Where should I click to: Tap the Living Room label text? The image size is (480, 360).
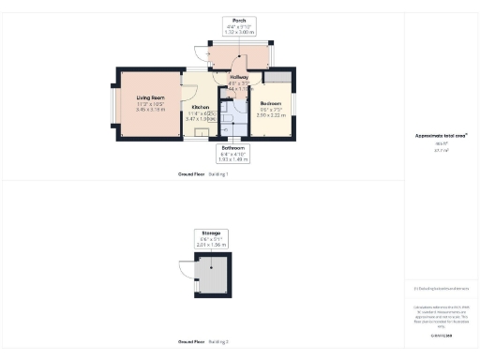(150, 97)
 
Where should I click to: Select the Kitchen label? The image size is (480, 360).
(200, 108)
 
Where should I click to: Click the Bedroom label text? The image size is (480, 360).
(271, 103)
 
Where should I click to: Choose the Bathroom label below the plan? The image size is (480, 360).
(232, 148)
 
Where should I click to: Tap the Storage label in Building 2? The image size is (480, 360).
(211, 231)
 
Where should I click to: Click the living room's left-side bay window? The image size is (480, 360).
(115, 104)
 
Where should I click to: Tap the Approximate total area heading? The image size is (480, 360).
(441, 135)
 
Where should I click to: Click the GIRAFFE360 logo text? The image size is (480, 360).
(441, 335)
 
